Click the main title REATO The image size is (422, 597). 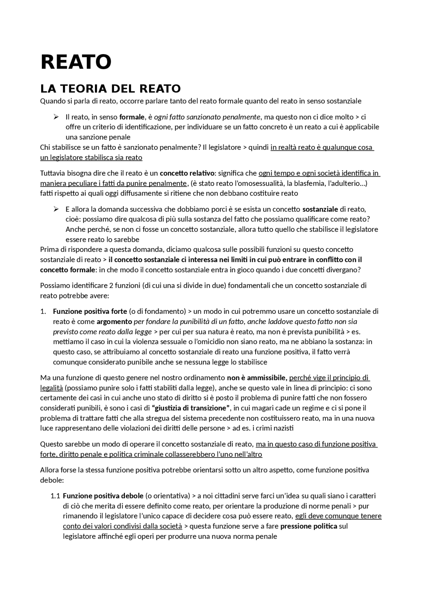tap(76, 62)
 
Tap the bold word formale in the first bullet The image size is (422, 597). tap(132, 117)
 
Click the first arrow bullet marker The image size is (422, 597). tap(56, 117)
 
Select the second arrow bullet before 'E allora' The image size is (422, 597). tap(56, 209)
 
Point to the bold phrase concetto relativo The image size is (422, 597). tap(187, 173)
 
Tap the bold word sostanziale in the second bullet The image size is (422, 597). tap(320, 209)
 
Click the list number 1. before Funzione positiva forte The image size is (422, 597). tap(43, 312)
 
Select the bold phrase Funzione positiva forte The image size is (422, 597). tap(90, 312)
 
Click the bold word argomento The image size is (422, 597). tap(114, 321)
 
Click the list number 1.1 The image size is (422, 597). tap(55, 496)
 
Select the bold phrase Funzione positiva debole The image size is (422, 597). tap(103, 496)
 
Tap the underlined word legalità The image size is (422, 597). tap(51, 388)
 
